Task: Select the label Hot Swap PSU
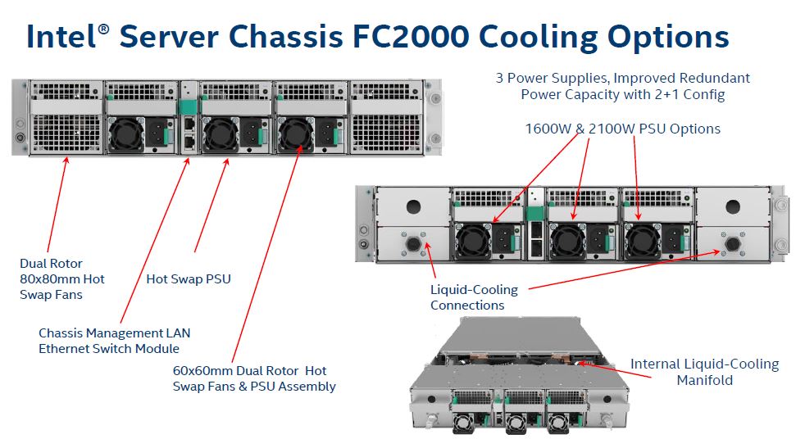(189, 278)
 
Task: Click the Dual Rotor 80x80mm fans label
(62, 278)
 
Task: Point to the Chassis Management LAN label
(114, 341)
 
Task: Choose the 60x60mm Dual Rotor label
(254, 378)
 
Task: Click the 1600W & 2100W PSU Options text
(622, 129)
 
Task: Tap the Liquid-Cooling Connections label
(474, 297)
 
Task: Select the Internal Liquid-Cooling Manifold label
(704, 372)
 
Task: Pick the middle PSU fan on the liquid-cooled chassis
(566, 240)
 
